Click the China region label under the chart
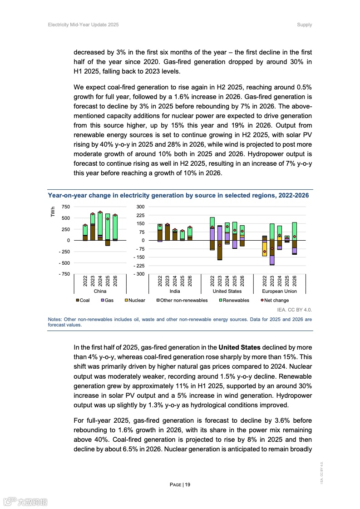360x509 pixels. (100, 291)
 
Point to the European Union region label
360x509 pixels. (279, 291)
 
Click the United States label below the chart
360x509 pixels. (227, 291)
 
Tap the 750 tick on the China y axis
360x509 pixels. (65, 207)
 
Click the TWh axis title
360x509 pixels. (53, 212)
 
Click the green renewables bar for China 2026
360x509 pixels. (115, 227)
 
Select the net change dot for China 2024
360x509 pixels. (100, 212)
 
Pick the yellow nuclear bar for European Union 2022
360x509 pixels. (265, 249)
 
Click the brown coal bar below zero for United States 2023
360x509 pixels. (220, 250)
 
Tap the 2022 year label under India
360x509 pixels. (160, 281)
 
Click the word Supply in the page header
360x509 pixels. (304, 25)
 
